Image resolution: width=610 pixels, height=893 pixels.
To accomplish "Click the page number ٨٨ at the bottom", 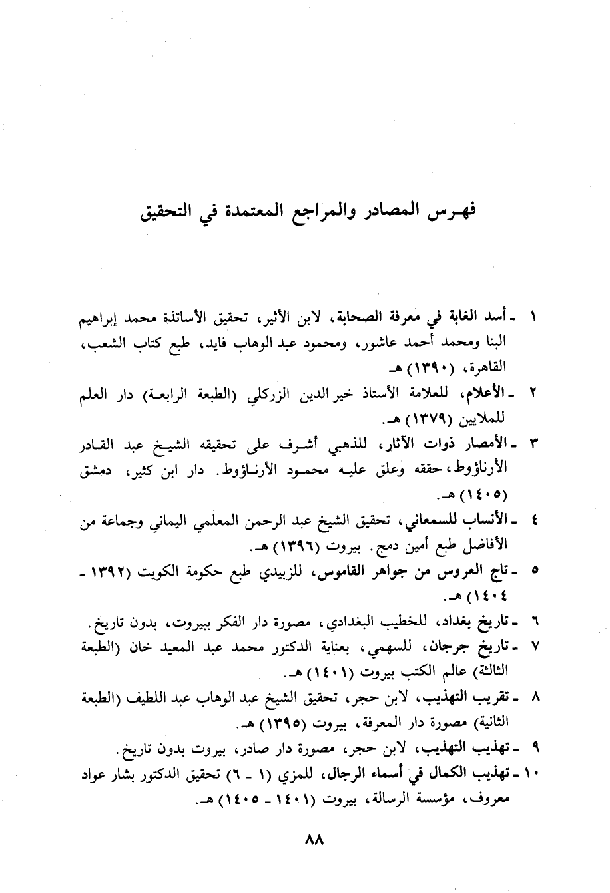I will pos(312,840).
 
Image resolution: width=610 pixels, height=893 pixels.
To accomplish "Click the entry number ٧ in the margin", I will pos(533,646).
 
